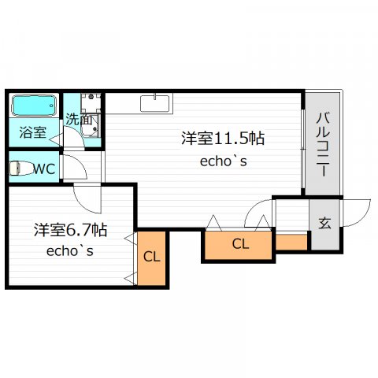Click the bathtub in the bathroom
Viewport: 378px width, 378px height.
point(34,106)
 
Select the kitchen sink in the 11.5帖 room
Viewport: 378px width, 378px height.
point(154,103)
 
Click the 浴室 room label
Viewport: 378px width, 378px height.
point(33,132)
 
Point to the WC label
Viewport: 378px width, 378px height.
point(44,169)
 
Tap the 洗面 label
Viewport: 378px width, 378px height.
point(79,120)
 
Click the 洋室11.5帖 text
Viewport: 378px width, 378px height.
point(223,138)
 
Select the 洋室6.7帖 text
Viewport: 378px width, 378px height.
point(70,230)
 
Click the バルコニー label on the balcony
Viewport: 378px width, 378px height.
point(323,144)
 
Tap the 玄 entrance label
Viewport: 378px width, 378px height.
point(324,224)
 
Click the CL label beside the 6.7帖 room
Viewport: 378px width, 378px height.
point(152,257)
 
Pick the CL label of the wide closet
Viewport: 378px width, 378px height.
point(240,244)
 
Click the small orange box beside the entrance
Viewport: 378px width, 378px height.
point(291,242)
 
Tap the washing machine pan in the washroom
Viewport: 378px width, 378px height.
point(91,102)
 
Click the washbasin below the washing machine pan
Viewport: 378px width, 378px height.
point(91,126)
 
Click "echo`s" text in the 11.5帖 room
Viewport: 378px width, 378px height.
point(224,161)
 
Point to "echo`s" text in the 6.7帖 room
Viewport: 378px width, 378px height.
point(70,251)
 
